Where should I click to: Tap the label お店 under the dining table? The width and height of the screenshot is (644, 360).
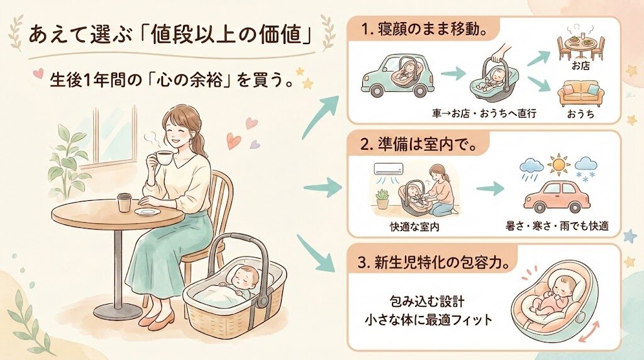pyautogui.click(x=580, y=66)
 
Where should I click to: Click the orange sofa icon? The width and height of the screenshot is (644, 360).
pyautogui.click(x=580, y=93)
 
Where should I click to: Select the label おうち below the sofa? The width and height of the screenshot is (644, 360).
pyautogui.click(x=580, y=116)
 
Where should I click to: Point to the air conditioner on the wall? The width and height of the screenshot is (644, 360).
pyautogui.click(x=391, y=169)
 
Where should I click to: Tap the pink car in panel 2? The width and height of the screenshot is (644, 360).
pyautogui.click(x=555, y=197)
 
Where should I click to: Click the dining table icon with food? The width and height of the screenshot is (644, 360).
pyautogui.click(x=580, y=43)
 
